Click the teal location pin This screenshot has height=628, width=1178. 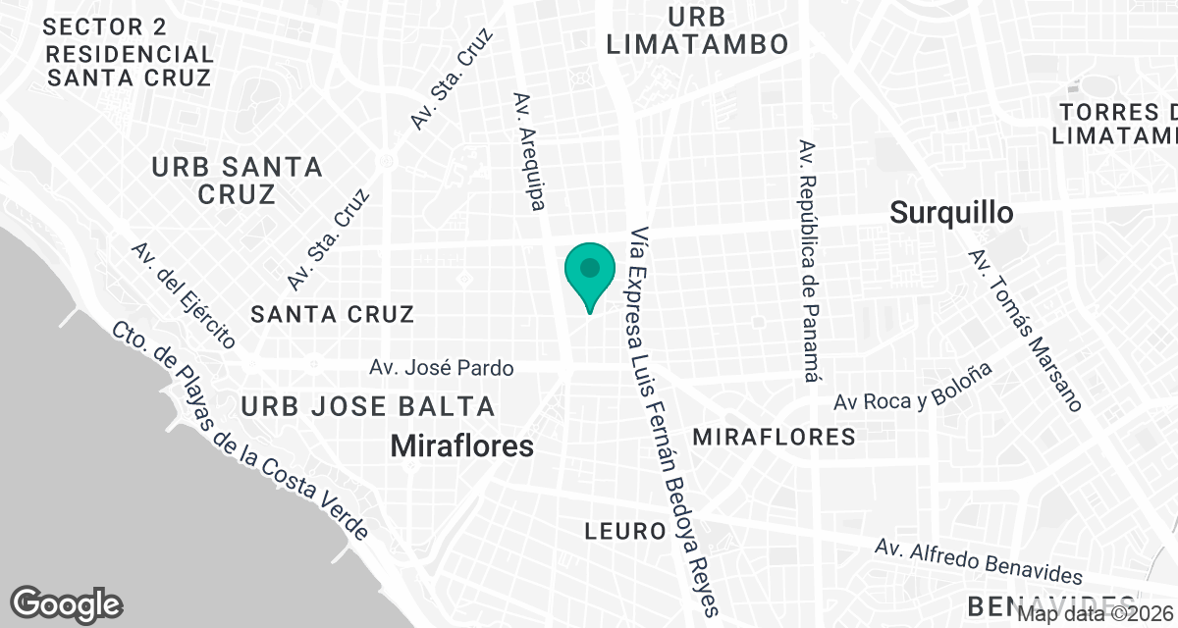coord(589,273)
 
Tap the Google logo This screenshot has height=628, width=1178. coord(67,603)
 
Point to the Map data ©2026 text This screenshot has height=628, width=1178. coord(1096,614)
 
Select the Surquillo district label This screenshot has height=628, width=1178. coord(950,212)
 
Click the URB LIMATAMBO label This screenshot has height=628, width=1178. coord(697,30)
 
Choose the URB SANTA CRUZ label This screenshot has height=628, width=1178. coord(237,181)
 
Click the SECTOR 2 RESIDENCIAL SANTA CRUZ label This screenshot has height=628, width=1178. coord(128,53)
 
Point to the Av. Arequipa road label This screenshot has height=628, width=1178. coord(529,151)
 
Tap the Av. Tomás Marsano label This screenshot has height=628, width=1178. coord(1025,330)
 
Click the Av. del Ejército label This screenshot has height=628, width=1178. coord(184,295)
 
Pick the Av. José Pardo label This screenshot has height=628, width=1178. coord(442,369)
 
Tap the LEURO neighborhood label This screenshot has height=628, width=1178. coord(625,532)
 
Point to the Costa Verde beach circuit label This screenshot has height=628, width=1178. coord(240,432)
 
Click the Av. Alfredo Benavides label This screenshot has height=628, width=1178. coord(980,561)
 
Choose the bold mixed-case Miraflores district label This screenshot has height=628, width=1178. coord(462,446)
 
